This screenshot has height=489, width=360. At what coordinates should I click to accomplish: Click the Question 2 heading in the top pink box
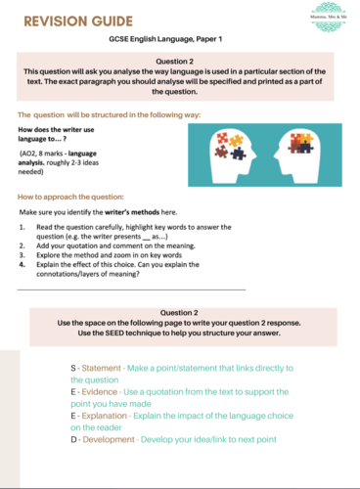180,61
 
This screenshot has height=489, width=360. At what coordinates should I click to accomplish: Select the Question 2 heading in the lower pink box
180,311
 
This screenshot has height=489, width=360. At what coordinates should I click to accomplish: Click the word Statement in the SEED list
103,366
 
